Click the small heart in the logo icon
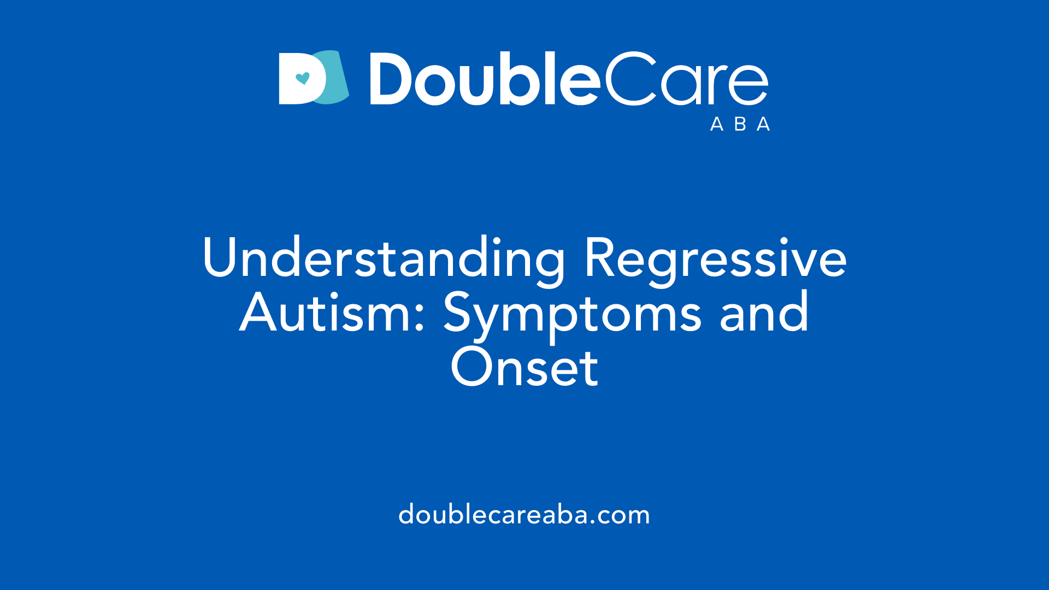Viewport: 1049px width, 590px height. (302, 78)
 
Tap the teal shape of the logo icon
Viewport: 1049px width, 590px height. (336, 82)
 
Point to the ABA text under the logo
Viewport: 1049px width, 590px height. (740, 125)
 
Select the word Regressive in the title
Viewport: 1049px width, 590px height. (715, 258)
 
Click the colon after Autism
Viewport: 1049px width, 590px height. (420, 320)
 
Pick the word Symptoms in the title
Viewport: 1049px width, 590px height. (571, 314)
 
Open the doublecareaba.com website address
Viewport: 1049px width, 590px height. (524, 515)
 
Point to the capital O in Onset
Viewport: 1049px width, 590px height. (472, 367)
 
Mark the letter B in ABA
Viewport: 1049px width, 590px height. (740, 125)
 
